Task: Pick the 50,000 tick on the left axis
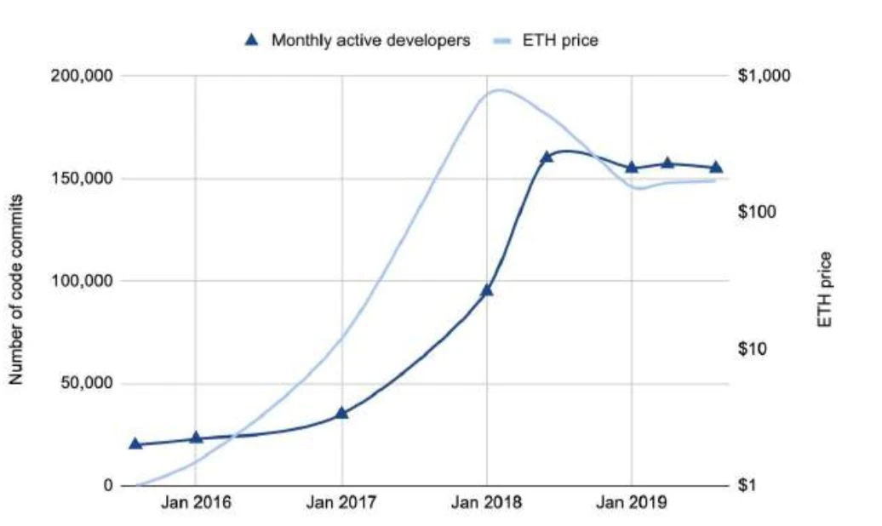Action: [x=86, y=384]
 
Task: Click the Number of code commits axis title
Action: [x=16, y=289]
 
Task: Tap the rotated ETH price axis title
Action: [x=824, y=290]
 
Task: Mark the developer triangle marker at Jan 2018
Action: [x=487, y=289]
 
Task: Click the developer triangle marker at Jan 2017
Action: [x=341, y=412]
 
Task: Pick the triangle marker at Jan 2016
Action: [x=196, y=437]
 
